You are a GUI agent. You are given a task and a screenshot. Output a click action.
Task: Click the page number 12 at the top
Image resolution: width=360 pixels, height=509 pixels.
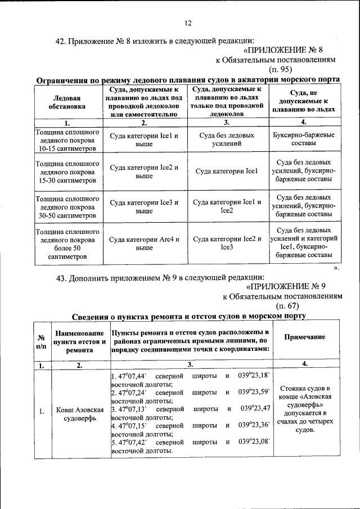coord(188,23)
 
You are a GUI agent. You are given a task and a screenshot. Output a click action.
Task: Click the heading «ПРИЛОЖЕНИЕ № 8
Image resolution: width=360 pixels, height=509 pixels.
coord(295,49)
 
